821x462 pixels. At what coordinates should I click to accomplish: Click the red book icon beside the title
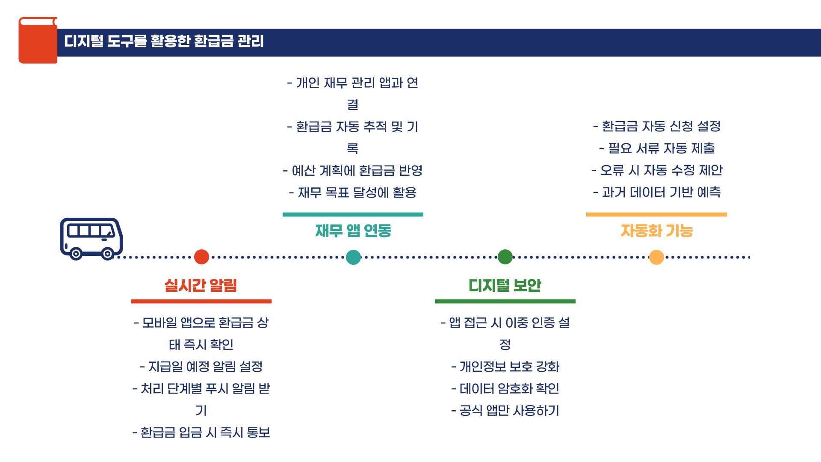pos(38,41)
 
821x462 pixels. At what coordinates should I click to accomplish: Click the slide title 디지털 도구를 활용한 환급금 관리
pos(164,41)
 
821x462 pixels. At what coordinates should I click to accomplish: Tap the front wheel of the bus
pos(108,254)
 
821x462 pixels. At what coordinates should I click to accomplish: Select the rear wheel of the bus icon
pos(76,254)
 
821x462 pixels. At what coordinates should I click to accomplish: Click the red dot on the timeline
pos(201,257)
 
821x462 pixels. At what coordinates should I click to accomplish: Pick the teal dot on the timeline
pos(353,257)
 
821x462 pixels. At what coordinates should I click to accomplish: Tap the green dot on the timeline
pos(505,257)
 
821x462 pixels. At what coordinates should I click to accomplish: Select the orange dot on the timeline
pos(656,257)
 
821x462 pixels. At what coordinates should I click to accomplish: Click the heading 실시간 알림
pos(201,285)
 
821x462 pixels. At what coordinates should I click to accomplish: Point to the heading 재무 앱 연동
pos(353,231)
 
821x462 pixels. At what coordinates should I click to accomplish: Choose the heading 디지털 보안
pos(505,285)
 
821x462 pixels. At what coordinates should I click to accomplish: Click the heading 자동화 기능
pos(656,231)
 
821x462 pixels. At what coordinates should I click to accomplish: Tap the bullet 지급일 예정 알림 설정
pos(201,367)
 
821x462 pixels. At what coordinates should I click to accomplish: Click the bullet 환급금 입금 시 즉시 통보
pos(201,432)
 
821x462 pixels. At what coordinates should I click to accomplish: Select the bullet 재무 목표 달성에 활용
pos(353,192)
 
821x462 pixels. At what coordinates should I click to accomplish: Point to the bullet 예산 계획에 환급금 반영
pos(353,171)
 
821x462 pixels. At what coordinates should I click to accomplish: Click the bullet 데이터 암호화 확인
pos(505,389)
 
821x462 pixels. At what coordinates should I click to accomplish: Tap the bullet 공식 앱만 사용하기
pos(505,411)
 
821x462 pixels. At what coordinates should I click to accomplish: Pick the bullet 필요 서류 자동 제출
pos(657,148)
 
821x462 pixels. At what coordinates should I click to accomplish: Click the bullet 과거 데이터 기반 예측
pos(657,192)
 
